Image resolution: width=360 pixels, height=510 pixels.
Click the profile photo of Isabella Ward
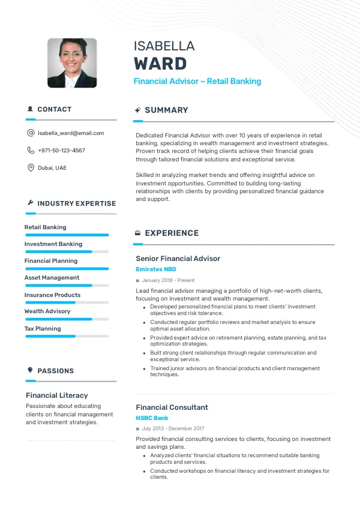[x=72, y=63]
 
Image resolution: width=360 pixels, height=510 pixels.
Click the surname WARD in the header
[x=160, y=64]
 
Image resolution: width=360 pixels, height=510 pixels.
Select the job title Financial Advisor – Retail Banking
[x=197, y=81]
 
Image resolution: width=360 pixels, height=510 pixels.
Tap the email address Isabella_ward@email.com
[x=71, y=133]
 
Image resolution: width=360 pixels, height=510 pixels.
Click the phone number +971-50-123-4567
[x=61, y=151]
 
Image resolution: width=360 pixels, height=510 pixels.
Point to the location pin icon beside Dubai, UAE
[x=31, y=167]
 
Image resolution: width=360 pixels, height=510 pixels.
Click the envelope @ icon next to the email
[x=31, y=133]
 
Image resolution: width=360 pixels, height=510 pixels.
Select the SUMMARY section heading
[x=166, y=110]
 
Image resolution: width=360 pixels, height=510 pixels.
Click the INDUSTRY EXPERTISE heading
[x=76, y=203]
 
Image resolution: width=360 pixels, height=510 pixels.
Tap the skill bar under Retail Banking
[x=67, y=235]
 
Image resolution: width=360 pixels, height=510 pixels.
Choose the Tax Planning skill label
[x=43, y=329]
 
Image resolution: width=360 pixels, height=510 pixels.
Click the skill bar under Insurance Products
[x=67, y=302]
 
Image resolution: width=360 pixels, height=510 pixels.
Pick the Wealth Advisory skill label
[x=47, y=311]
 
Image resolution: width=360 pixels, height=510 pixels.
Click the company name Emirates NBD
[x=156, y=269]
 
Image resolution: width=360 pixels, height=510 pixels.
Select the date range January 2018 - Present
[x=168, y=280]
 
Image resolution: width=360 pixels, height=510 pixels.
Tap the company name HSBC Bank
[x=152, y=418]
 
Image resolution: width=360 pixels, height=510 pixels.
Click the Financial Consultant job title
[x=172, y=407]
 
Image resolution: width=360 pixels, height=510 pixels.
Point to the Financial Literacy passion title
[x=57, y=395]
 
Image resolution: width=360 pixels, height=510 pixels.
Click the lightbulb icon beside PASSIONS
[x=30, y=370]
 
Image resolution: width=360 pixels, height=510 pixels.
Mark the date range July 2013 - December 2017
[x=173, y=428]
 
